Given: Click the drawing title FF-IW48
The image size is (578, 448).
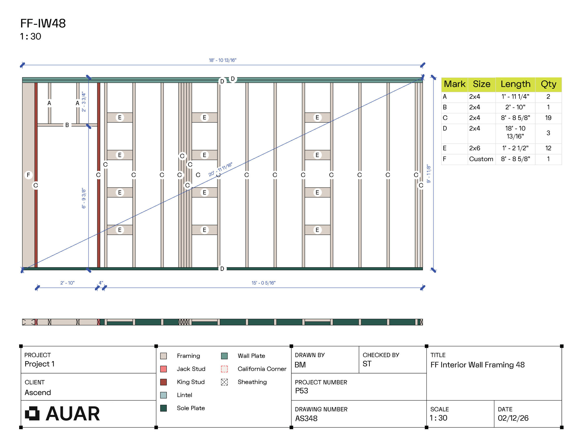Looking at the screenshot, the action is click(x=43, y=23).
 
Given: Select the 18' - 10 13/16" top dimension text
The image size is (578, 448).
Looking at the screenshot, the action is click(x=223, y=60).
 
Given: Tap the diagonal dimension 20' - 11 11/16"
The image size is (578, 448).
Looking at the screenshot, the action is click(x=220, y=169).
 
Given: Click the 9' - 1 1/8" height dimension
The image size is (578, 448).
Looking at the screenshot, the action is click(x=429, y=174).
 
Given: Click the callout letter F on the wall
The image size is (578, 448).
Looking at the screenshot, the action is click(x=28, y=175).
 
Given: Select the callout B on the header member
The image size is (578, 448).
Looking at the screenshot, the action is click(x=67, y=125).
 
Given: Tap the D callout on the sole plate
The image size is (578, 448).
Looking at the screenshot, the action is click(x=222, y=269).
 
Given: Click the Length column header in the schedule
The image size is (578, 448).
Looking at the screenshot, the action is click(x=515, y=84).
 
